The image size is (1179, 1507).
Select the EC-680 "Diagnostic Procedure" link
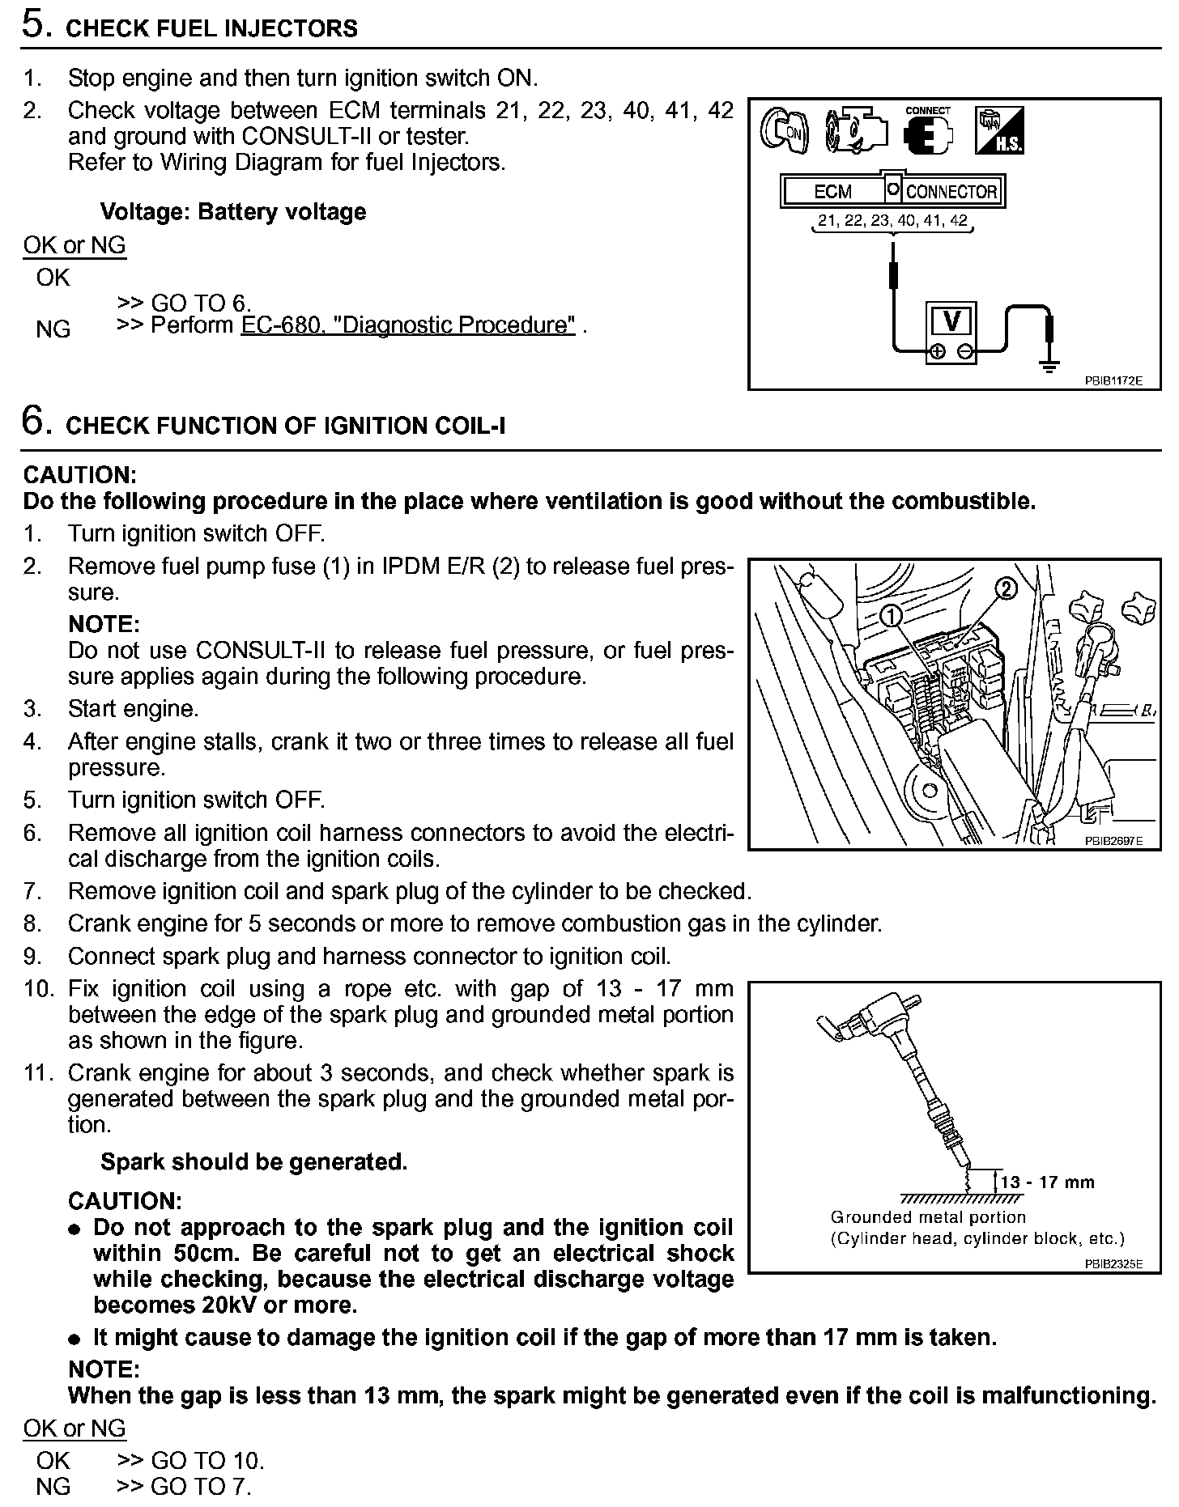pos(409,325)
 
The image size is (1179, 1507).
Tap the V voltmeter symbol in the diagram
pos(952,322)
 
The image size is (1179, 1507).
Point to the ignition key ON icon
pos(784,132)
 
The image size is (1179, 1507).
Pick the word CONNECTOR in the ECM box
pos(951,192)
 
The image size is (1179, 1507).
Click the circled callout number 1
pos(891,617)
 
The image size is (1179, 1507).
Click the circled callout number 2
pos(1004,588)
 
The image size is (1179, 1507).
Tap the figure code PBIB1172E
pos(1113,380)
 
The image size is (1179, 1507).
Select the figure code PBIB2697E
pos(1113,841)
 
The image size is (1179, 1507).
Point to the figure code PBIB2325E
pos(1113,1263)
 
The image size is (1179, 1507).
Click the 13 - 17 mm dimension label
pos(1047,1182)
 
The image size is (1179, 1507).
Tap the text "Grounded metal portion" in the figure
pos(928,1217)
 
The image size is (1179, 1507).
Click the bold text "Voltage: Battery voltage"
pos(233,212)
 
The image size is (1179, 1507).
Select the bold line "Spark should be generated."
pos(253,1162)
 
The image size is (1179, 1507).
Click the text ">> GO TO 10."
pos(191,1461)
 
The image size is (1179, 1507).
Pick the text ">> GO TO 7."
pos(185,1487)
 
